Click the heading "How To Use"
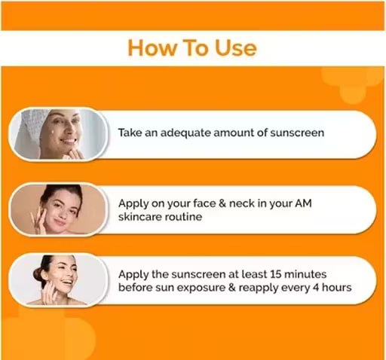click(192, 48)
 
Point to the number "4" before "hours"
click(317, 288)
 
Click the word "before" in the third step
click(136, 288)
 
